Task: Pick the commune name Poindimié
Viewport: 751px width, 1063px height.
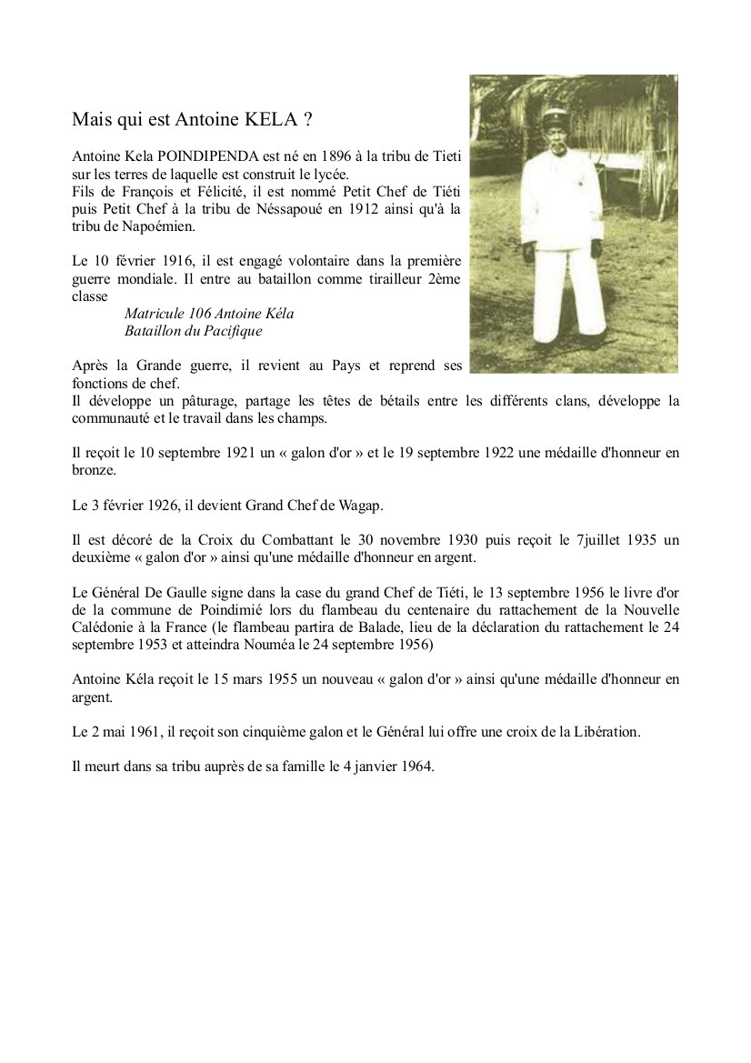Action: click(202, 608)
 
